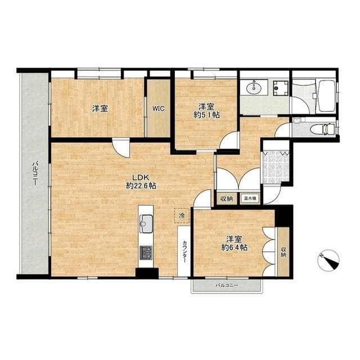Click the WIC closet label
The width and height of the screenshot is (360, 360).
coord(159,109)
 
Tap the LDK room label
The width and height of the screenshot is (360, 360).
coord(141,177)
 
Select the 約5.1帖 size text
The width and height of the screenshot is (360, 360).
coord(206,115)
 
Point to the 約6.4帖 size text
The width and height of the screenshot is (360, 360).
coord(234,247)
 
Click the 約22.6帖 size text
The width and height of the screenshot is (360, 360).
coord(141,186)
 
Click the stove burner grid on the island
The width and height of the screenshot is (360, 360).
coord(146,253)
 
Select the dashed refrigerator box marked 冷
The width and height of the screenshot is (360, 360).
coord(182,215)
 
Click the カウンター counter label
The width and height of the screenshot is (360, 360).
coord(184,251)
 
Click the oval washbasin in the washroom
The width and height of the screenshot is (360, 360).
coord(254,88)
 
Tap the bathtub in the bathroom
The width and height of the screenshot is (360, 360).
coord(327,96)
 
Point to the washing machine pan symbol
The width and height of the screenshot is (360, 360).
coord(281,88)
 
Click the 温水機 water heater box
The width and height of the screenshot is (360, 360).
coord(250,198)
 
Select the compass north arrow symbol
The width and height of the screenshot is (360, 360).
coord(328,260)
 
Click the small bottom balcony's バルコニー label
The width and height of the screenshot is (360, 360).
coord(227,285)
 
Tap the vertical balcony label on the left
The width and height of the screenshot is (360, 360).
coord(35,173)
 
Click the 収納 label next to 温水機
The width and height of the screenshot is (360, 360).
coord(227,199)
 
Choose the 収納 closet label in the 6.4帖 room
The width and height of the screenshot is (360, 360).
coord(283,252)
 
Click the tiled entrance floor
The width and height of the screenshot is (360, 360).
coord(276,166)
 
